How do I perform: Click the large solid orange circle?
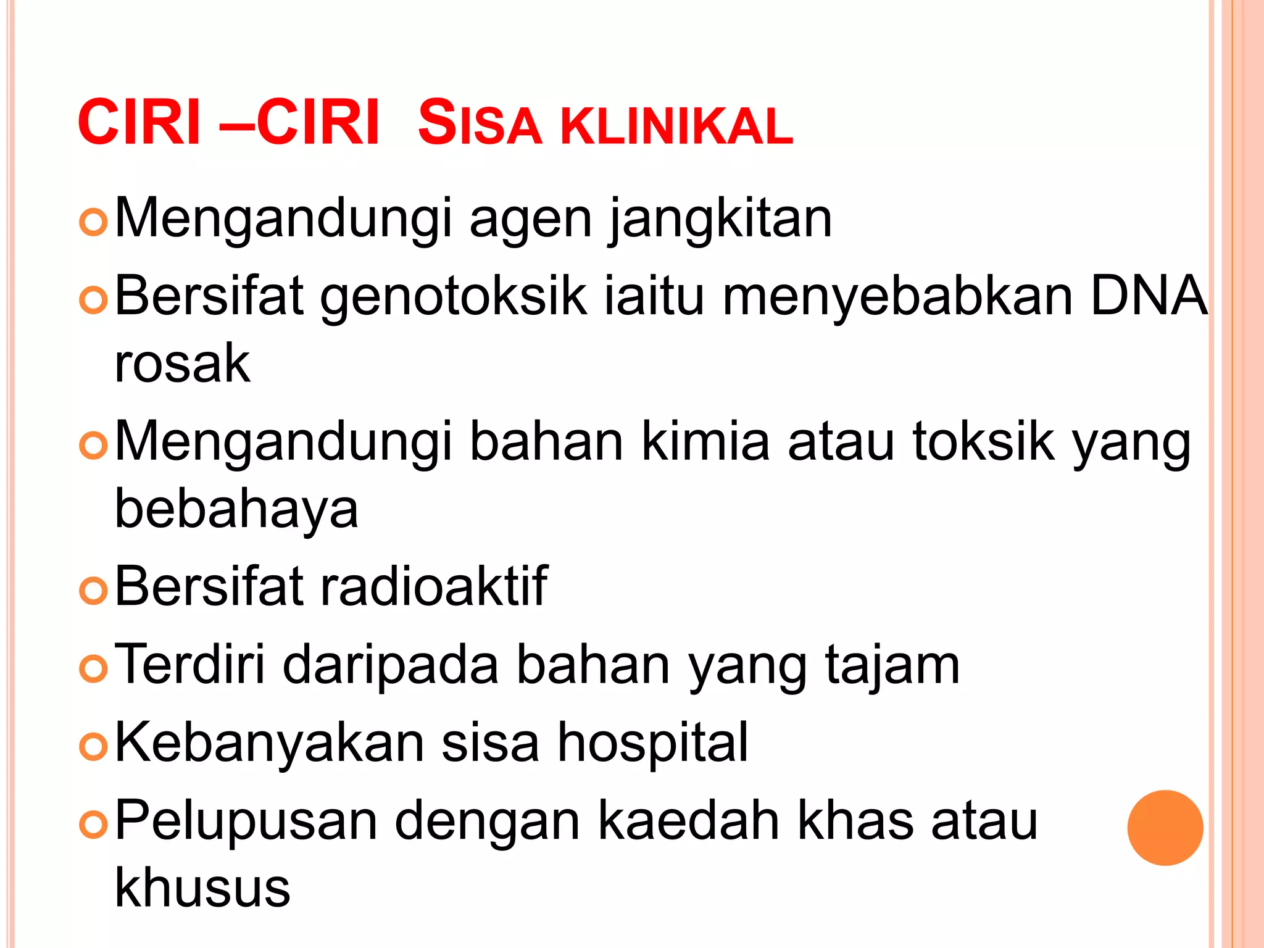[x=1165, y=828]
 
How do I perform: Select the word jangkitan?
[x=720, y=218]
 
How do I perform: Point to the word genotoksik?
[x=453, y=297]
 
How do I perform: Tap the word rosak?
[x=183, y=364]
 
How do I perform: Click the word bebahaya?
[x=236, y=509]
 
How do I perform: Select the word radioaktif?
[x=433, y=586]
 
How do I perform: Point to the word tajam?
[x=892, y=665]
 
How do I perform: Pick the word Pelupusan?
[x=246, y=821]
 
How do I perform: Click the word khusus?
[x=202, y=888]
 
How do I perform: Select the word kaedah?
[x=689, y=821]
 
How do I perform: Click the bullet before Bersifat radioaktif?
[x=94, y=591]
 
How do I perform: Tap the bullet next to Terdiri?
[x=94, y=669]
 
